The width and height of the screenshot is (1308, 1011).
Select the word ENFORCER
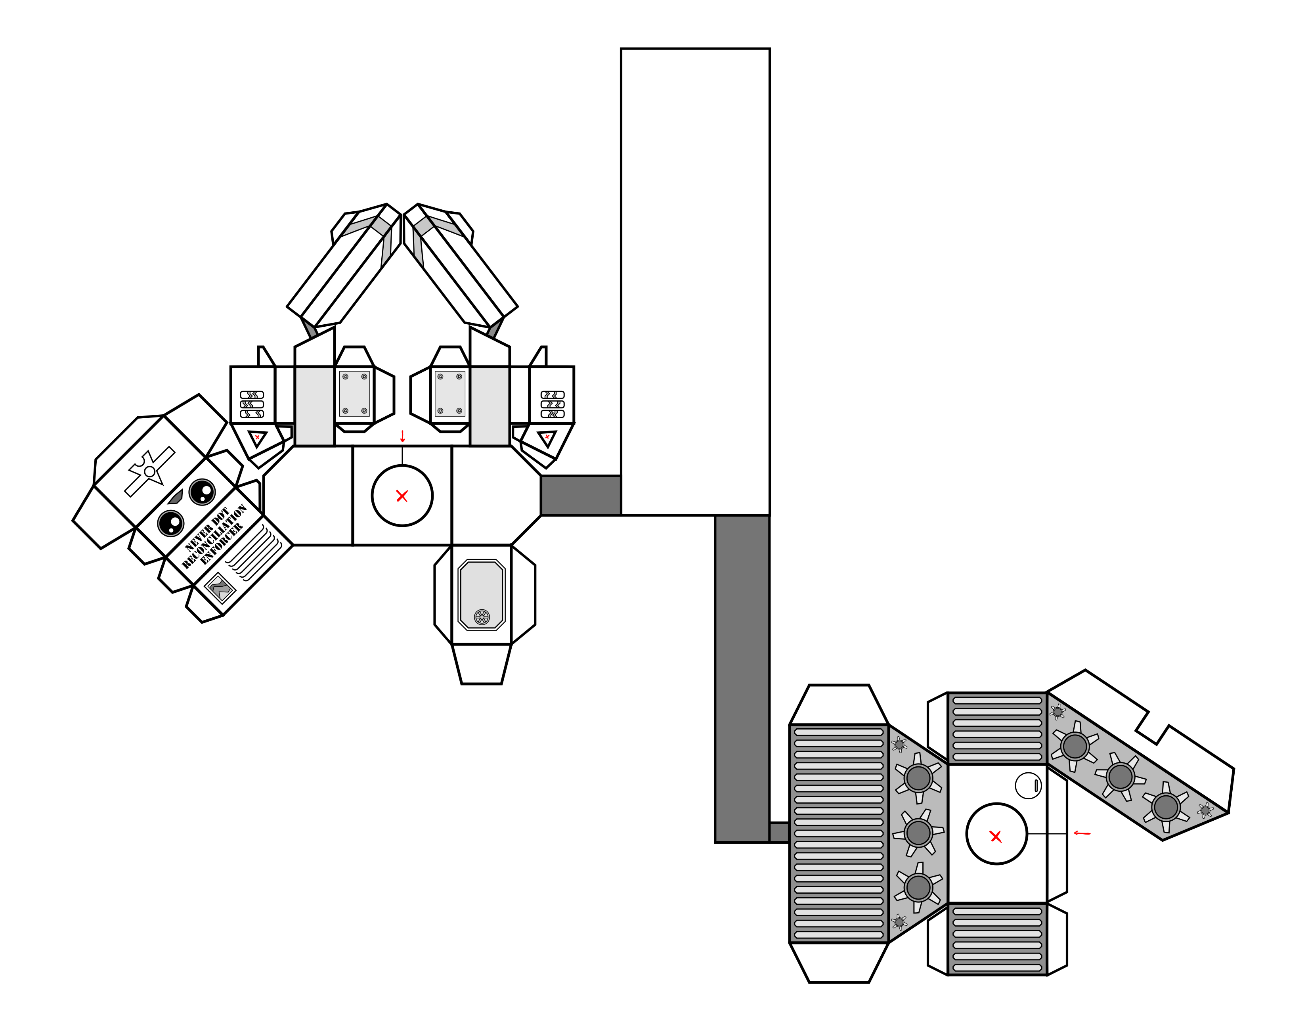tap(222, 544)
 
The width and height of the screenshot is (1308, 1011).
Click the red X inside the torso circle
tap(402, 496)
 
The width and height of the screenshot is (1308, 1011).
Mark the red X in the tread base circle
tap(996, 837)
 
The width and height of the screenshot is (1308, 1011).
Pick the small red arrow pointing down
tap(402, 437)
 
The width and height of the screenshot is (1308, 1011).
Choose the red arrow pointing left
tap(1082, 833)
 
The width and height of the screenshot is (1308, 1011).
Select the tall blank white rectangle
tap(695, 281)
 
